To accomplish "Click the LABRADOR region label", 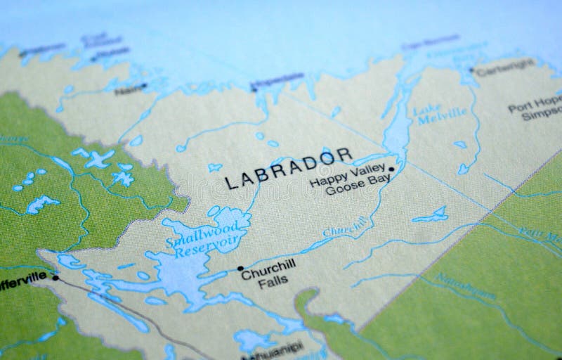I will (x=288, y=168).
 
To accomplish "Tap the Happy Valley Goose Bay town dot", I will (x=390, y=170).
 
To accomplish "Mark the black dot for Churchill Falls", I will (x=240, y=268).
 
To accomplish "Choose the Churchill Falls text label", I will (x=266, y=275).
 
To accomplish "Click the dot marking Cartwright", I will (x=471, y=69).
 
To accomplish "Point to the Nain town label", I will (x=127, y=89).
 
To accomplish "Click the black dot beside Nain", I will (x=144, y=86).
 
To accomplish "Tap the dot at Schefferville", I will (x=55, y=278).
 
